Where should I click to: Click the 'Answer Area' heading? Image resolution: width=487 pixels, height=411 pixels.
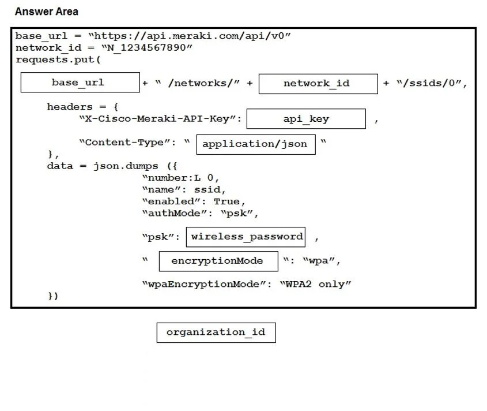pyautogui.click(x=47, y=12)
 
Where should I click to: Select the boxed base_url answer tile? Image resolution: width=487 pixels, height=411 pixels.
pyautogui.click(x=80, y=83)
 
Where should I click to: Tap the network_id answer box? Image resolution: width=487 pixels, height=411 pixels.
pyautogui.click(x=318, y=84)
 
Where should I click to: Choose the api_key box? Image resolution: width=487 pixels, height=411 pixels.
pyautogui.click(x=306, y=119)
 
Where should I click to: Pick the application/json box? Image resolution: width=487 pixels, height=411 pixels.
pyautogui.click(x=256, y=144)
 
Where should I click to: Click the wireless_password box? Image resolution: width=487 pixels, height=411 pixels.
pyautogui.click(x=246, y=237)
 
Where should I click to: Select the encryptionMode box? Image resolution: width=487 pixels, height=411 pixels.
pyautogui.click(x=218, y=261)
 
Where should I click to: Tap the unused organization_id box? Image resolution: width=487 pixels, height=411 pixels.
pyautogui.click(x=216, y=332)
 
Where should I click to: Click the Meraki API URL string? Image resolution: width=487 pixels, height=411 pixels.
pyautogui.click(x=190, y=36)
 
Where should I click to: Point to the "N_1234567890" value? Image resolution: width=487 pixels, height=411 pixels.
pyautogui.click(x=147, y=48)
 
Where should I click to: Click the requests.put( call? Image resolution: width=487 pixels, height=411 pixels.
pyautogui.click(x=58, y=59)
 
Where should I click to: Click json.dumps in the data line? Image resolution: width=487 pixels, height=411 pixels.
pyautogui.click(x=126, y=166)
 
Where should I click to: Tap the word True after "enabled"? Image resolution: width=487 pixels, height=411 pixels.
pyautogui.click(x=226, y=201)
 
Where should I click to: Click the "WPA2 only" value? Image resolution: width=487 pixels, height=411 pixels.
pyautogui.click(x=315, y=284)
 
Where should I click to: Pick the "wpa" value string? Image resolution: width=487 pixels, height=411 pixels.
pyautogui.click(x=319, y=261)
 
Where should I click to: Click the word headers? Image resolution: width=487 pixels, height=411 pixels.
pyautogui.click(x=70, y=107)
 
